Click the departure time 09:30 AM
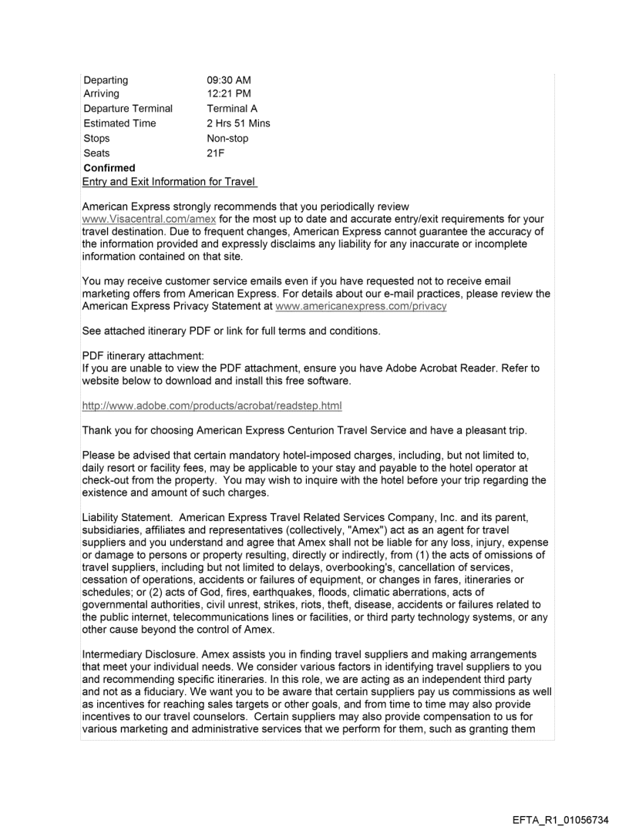pyautogui.click(x=229, y=79)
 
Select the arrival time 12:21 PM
pyautogui.click(x=228, y=94)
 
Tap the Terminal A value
pyautogui.click(x=232, y=109)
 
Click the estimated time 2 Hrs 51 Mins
pyautogui.click(x=238, y=123)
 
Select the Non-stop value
pyautogui.click(x=227, y=139)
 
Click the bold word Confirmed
pyautogui.click(x=109, y=168)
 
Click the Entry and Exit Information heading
pyautogui.click(x=170, y=182)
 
